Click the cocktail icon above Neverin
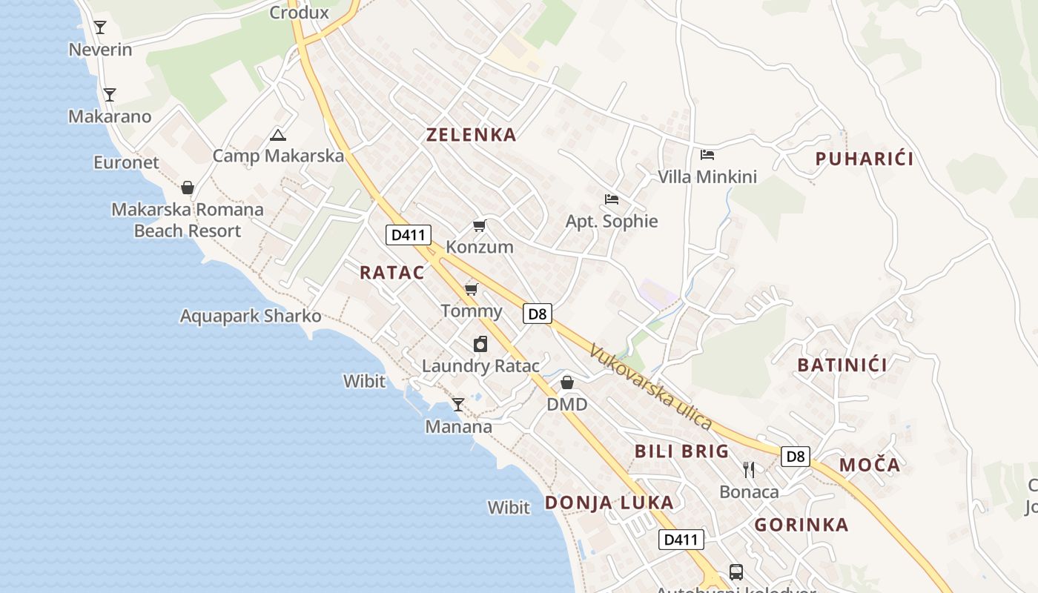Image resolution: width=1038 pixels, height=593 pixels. (100, 27)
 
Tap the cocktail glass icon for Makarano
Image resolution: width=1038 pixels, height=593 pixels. (110, 94)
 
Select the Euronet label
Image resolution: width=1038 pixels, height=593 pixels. (126, 162)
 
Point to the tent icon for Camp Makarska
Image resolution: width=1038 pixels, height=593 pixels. (277, 134)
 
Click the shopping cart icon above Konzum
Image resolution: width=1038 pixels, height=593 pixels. (480, 225)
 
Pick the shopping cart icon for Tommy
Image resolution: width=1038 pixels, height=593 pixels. (471, 288)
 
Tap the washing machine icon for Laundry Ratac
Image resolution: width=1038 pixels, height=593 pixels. (480, 344)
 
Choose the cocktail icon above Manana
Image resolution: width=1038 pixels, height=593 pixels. (458, 405)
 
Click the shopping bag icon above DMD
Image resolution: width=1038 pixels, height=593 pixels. (567, 382)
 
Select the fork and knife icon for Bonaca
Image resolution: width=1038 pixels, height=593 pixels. (749, 469)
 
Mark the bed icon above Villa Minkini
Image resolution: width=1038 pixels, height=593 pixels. (707, 154)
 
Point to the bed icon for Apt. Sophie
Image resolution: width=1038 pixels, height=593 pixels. (612, 199)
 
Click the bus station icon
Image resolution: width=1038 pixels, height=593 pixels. (736, 572)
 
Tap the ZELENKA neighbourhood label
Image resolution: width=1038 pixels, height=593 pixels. (471, 135)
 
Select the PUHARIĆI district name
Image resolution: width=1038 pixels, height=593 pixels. (864, 159)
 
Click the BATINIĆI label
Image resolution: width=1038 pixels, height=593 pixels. (842, 365)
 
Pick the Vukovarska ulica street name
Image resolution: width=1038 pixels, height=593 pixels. (650, 386)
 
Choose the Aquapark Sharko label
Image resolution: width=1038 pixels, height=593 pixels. (251, 317)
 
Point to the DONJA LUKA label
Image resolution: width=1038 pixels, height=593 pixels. (609, 503)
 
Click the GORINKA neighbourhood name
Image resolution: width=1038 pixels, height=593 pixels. (801, 525)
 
